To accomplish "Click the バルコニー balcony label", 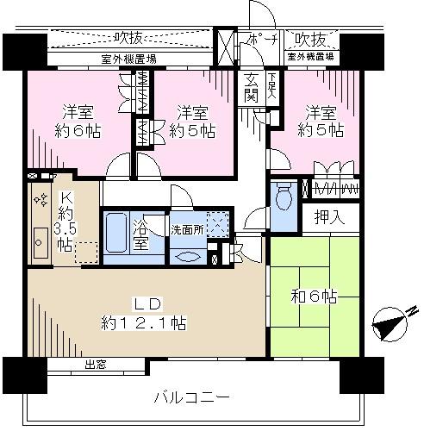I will coord(191,397).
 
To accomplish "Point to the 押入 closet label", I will coord(328,217).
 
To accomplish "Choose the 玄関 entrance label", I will coord(251,86).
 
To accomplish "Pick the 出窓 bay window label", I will coord(95,365).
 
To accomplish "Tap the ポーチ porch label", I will coord(259,40).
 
